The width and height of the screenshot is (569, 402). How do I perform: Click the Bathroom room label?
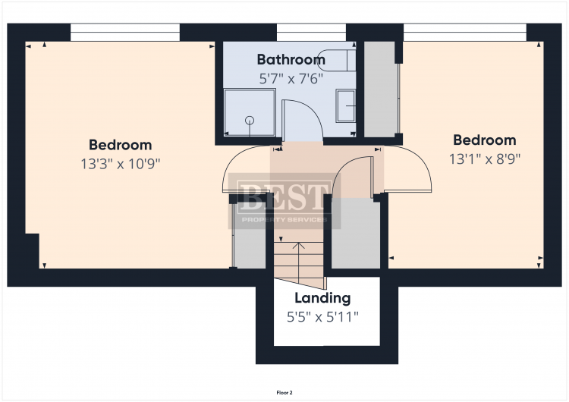point(291,59)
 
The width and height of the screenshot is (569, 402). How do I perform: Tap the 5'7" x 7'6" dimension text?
point(291,78)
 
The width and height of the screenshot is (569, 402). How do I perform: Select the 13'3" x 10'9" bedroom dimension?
point(121,164)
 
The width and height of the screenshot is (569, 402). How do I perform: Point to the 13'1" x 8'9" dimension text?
point(485,159)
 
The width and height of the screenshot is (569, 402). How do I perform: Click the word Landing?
point(322,298)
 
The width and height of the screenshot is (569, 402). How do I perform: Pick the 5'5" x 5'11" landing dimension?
point(322,317)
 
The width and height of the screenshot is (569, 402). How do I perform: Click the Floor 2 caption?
point(284,393)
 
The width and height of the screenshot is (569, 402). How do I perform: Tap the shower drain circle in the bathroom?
point(250,121)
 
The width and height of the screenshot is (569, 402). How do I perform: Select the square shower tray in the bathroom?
point(250,112)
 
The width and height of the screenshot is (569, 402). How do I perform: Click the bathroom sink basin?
point(346,106)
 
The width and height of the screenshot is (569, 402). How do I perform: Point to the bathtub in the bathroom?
point(336,60)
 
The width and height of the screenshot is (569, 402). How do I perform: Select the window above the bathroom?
point(311,33)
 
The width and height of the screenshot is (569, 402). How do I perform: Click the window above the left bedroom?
point(125,33)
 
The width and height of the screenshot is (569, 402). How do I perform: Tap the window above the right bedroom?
point(465,33)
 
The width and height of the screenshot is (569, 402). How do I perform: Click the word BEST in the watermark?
point(284,197)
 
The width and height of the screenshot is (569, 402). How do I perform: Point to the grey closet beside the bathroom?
point(379,90)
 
